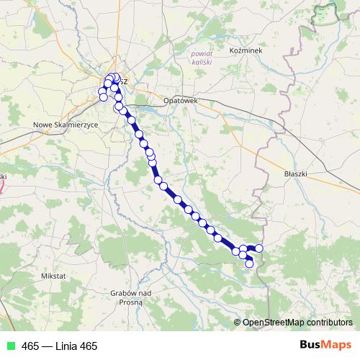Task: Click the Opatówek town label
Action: (180, 102)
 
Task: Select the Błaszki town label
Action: (296, 174)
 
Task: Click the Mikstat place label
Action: (54, 276)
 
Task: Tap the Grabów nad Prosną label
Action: (130, 297)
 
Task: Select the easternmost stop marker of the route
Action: (259, 248)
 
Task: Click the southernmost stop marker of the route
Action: (250, 264)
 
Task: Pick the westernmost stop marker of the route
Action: (102, 91)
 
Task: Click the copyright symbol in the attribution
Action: (238, 323)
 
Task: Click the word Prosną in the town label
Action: (130, 302)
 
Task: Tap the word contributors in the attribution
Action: (328, 323)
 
